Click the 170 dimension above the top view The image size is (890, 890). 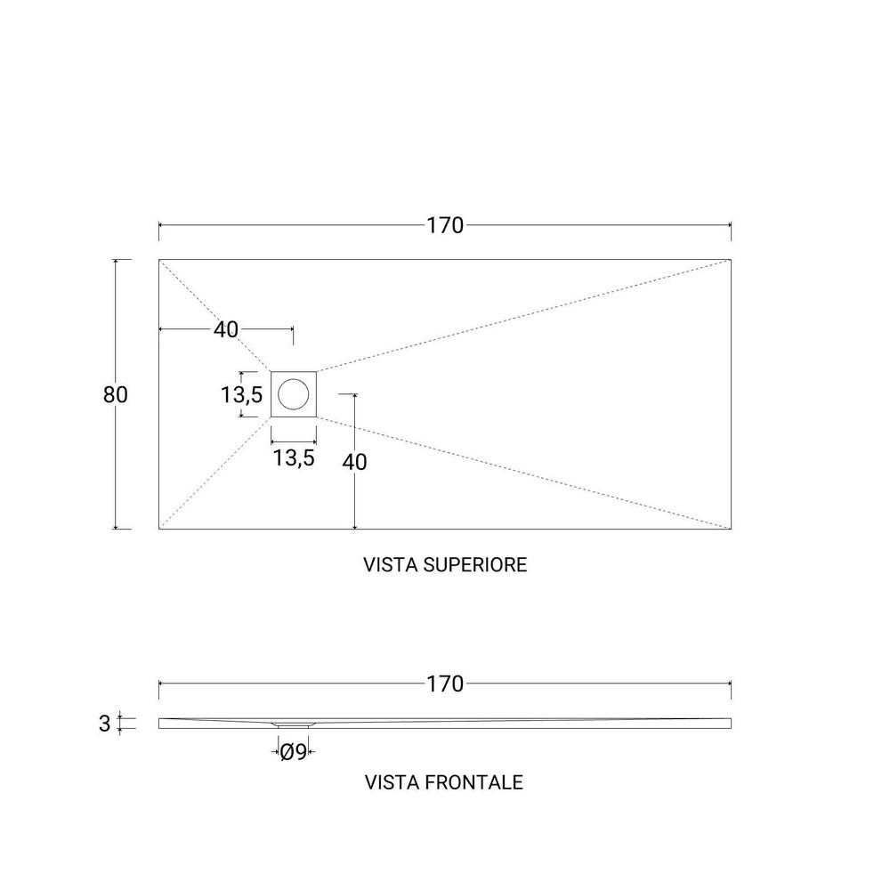coord(445,225)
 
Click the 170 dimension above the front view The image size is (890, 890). coord(445,684)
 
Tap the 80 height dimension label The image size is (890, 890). coord(115,394)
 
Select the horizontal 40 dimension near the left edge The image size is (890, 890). coord(226,329)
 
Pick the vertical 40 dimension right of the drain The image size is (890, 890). coord(354,462)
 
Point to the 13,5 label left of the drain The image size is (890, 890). coord(242,394)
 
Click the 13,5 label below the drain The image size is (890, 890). coord(294,457)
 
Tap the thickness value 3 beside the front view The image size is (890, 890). coord(104,724)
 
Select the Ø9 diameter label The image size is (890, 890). coord(294,752)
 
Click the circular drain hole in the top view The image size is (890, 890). coord(294,394)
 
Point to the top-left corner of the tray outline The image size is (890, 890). coord(159,259)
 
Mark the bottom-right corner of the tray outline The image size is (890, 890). coord(731,529)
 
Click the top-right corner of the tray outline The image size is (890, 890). coord(731,259)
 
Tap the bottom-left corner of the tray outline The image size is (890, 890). coord(159,529)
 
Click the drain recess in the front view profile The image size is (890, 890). coord(294,724)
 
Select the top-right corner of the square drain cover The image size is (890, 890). coord(316,371)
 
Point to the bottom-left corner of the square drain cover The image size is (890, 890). coord(271,417)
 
